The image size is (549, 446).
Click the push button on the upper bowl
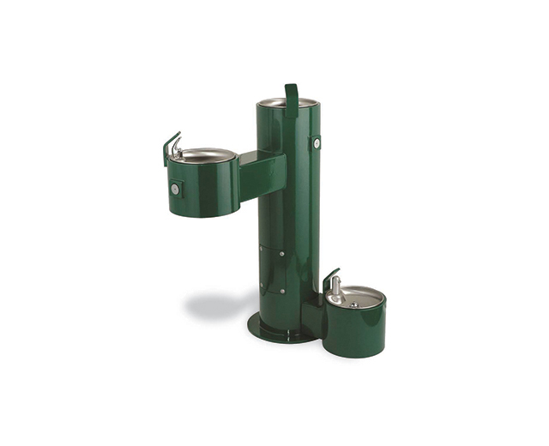point(176,189)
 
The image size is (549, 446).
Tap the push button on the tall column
point(317,143)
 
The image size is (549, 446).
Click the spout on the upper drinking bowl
point(176,150)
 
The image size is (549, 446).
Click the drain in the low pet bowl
point(353,304)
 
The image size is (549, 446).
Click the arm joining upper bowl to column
point(261,175)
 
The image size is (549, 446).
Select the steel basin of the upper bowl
point(204,155)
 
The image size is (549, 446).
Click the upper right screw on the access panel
point(283,254)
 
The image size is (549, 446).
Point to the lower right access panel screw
point(283,291)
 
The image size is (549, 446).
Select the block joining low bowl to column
point(312,318)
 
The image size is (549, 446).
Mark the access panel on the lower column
point(273,273)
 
